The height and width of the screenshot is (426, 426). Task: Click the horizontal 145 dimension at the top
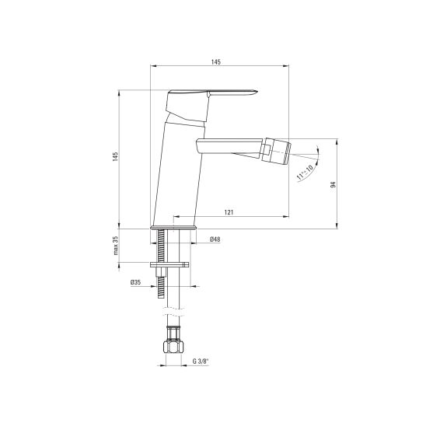click(216, 62)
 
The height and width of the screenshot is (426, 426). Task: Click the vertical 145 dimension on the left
click(116, 157)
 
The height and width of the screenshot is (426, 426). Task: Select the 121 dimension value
click(229, 212)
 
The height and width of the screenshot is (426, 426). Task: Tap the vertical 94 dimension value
click(333, 184)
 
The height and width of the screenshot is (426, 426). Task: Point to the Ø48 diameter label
click(215, 239)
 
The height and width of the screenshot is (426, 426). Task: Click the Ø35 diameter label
click(135, 282)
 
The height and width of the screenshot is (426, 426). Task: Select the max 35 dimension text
click(116, 246)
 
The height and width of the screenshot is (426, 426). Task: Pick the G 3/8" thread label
click(201, 361)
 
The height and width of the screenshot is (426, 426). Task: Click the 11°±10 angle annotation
click(305, 172)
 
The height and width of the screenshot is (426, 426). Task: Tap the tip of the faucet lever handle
click(257, 91)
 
